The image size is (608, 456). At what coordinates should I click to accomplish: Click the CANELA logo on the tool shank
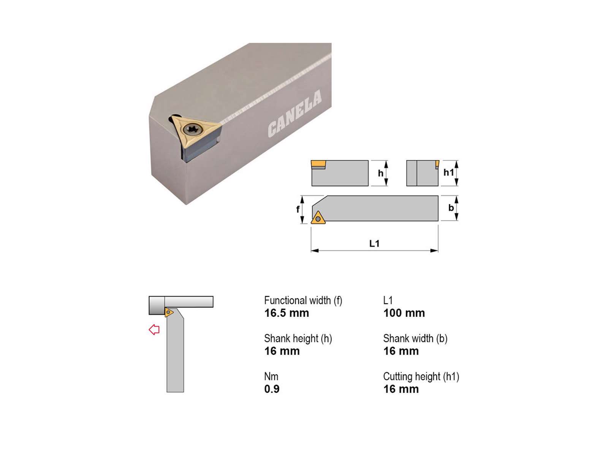tap(295, 113)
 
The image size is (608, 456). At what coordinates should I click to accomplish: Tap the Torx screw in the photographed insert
tap(191, 129)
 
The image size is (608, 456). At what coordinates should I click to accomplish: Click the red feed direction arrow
tap(154, 329)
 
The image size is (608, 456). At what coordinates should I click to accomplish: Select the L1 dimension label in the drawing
tap(374, 243)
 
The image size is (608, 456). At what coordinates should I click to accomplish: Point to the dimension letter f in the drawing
tap(298, 209)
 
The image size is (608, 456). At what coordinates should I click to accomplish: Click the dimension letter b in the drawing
tap(451, 207)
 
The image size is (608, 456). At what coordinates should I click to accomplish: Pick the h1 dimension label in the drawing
tap(449, 172)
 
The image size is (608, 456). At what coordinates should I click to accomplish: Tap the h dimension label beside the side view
tap(381, 173)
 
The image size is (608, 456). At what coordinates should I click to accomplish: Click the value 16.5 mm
tap(287, 313)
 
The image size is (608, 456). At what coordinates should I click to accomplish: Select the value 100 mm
tap(404, 313)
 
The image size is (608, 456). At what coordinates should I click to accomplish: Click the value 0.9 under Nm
tap(272, 389)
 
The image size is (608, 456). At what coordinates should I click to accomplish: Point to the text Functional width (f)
tap(303, 301)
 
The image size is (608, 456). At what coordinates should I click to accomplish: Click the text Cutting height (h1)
tap(421, 377)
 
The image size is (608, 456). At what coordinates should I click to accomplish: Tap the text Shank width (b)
tap(415, 339)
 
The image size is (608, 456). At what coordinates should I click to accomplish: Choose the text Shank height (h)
tap(298, 339)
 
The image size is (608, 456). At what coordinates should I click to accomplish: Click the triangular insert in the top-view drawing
tap(318, 218)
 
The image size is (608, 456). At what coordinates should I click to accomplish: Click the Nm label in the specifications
tap(271, 377)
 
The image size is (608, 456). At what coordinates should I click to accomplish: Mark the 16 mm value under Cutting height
tap(401, 389)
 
